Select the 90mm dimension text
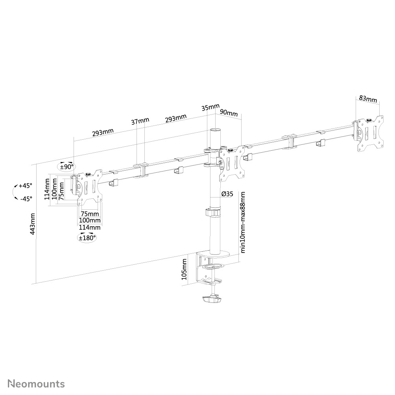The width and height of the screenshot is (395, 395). click(x=229, y=114)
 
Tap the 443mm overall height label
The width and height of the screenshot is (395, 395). click(x=33, y=224)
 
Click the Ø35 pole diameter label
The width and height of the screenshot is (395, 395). click(x=227, y=194)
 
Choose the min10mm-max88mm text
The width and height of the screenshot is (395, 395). click(x=243, y=222)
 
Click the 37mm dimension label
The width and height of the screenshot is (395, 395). click(x=140, y=121)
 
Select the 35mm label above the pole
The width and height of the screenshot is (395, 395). click(x=210, y=107)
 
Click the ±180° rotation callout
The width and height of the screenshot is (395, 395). click(x=87, y=238)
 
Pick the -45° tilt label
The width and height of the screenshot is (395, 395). click(x=26, y=199)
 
